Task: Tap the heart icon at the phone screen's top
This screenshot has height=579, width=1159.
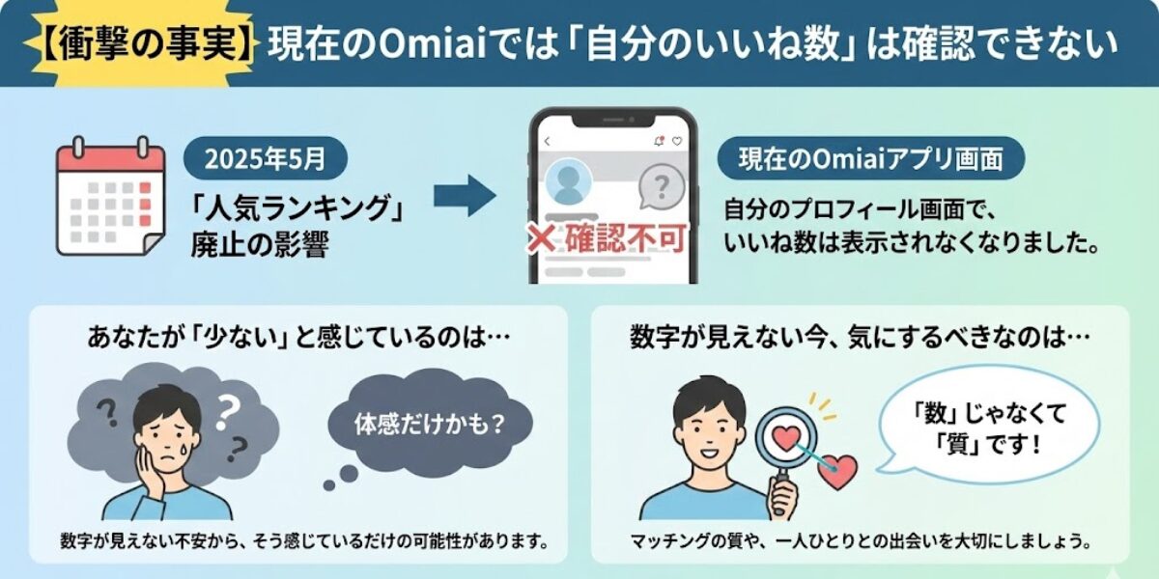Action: click(x=676, y=142)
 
